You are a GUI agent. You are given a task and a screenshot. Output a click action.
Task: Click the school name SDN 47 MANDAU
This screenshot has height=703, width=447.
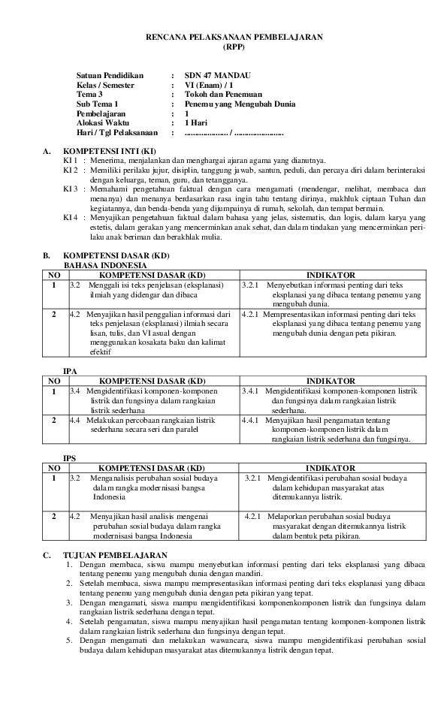pyautogui.click(x=218, y=76)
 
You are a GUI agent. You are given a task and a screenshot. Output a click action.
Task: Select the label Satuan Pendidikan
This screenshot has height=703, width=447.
pyautogui.click(x=109, y=76)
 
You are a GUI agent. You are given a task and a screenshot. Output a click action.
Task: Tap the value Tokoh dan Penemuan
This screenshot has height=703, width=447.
pyautogui.click(x=222, y=95)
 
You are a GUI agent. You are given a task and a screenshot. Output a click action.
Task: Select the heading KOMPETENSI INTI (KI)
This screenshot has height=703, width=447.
pyautogui.click(x=110, y=151)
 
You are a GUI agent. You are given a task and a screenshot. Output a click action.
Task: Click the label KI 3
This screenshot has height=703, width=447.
pyautogui.click(x=71, y=189)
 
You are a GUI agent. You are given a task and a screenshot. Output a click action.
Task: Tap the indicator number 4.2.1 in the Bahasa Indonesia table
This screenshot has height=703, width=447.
pyautogui.click(x=250, y=315)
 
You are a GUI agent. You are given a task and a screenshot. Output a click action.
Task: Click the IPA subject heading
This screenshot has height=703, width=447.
pyautogui.click(x=70, y=371)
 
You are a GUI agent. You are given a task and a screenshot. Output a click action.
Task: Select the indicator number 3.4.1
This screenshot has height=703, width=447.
pyautogui.click(x=250, y=391)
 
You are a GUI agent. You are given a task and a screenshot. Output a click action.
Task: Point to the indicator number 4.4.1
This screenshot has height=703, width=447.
pyautogui.click(x=250, y=421)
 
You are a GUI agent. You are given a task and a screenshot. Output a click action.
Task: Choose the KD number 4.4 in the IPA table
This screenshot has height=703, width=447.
pyautogui.click(x=74, y=421)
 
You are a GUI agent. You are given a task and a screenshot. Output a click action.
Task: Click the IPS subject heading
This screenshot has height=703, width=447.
pyautogui.click(x=70, y=457)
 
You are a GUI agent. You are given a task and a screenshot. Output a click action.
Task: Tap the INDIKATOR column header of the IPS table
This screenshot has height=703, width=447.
pyautogui.click(x=331, y=467)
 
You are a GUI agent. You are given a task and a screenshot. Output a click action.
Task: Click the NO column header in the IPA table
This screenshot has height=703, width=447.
pyautogui.click(x=53, y=381)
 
